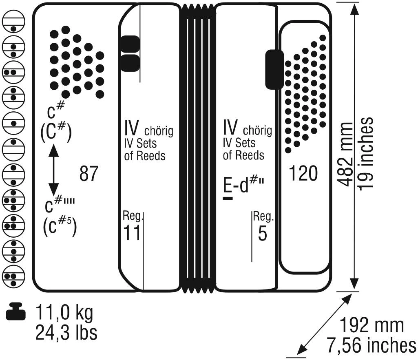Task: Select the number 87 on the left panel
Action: click(89, 174)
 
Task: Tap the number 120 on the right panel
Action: click(303, 174)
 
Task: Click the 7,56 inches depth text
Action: click(371, 346)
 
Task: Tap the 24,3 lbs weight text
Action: click(66, 332)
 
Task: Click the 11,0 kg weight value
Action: click(64, 314)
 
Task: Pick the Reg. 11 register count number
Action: click(132, 234)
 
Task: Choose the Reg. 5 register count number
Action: click(263, 234)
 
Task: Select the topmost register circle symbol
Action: click(13, 19)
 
